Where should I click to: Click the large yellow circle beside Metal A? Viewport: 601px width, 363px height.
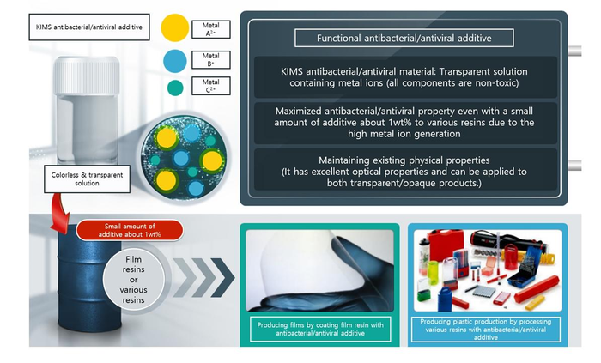pyautogui.click(x=175, y=27)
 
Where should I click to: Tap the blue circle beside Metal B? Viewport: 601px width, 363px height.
pyautogui.click(x=175, y=61)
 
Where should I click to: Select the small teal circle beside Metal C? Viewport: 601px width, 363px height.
pyautogui.click(x=175, y=88)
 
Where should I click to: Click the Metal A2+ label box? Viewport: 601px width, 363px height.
pyautogui.click(x=211, y=29)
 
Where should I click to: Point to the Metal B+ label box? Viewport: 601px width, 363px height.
pyautogui.click(x=211, y=60)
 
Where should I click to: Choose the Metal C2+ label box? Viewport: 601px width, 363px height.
pyautogui.click(x=211, y=86)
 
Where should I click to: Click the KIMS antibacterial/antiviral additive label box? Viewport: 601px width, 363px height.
pyautogui.click(x=89, y=27)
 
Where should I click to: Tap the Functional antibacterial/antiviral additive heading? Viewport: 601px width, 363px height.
pyautogui.click(x=404, y=38)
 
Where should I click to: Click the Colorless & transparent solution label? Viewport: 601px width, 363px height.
pyautogui.click(x=87, y=178)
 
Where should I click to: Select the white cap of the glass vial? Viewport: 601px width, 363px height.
pyautogui.click(x=86, y=76)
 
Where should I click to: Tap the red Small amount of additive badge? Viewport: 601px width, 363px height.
pyautogui.click(x=130, y=230)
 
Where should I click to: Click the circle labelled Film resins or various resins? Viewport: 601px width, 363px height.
pyautogui.click(x=133, y=280)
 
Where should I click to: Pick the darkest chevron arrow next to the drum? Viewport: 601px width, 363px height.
pyautogui.click(x=222, y=277)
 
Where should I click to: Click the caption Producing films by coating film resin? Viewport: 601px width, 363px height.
pyautogui.click(x=320, y=329)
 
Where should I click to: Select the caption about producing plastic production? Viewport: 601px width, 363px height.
pyautogui.click(x=486, y=330)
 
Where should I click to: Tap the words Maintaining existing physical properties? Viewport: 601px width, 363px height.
pyautogui.click(x=404, y=160)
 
